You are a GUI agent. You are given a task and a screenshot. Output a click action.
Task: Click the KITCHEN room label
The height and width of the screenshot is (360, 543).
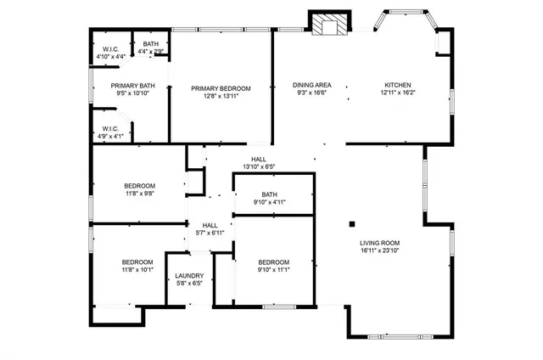click(398, 85)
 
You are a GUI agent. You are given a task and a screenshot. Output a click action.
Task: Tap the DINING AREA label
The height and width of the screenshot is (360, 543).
click(311, 85)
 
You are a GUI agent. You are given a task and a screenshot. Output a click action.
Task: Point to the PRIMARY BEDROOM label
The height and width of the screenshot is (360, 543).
click(221, 88)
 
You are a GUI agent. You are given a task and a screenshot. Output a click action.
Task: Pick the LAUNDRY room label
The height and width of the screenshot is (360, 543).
click(188, 275)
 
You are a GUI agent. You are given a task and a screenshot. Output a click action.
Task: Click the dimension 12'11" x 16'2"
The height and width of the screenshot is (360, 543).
click(398, 93)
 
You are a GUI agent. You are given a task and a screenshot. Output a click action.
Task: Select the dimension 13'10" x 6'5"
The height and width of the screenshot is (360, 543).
click(259, 166)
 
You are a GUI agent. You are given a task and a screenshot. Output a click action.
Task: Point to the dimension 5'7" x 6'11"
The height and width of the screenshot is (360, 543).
click(210, 233)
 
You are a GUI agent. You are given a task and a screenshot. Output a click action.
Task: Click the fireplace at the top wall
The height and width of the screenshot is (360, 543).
click(327, 25)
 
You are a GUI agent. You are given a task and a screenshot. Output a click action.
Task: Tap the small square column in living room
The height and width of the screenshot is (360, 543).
click(350, 225)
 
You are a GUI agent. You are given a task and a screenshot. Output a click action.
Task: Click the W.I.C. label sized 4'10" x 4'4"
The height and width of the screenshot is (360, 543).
click(111, 48)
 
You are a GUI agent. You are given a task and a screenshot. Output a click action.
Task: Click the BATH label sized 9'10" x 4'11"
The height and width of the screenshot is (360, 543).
click(270, 194)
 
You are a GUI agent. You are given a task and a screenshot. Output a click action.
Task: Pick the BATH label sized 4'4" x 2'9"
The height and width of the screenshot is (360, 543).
click(150, 44)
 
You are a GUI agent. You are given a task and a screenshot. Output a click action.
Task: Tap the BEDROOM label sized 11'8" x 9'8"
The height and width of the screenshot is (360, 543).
click(139, 186)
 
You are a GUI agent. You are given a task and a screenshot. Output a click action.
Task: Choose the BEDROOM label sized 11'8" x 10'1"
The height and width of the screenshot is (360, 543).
click(137, 262)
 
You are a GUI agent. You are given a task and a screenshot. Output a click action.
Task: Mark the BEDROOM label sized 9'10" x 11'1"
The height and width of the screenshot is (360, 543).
click(273, 262)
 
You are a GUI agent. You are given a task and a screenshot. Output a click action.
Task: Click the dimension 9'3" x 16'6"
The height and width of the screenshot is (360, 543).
click(311, 93)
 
